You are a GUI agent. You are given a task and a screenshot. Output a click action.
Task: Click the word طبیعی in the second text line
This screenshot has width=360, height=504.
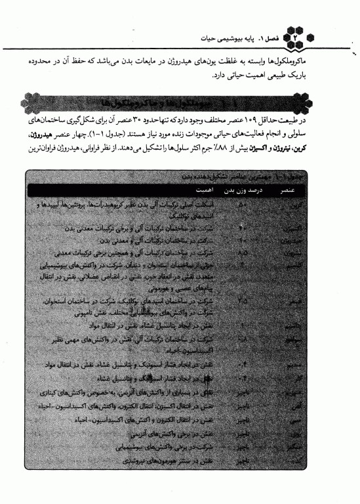pyautogui.click(x=289, y=74)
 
